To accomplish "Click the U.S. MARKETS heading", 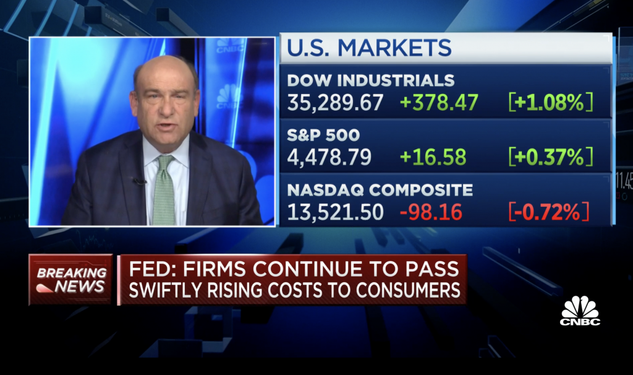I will click(369, 48).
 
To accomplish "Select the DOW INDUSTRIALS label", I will click(371, 80).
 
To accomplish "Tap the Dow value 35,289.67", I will click(335, 102).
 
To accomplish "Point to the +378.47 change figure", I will click(439, 102).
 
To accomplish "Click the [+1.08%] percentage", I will click(550, 102).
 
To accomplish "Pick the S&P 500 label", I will click(323, 135).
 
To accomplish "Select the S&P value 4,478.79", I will click(329, 157).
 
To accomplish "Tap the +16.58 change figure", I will click(433, 157).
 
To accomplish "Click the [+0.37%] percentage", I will click(550, 157).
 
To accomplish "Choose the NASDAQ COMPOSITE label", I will click(380, 189).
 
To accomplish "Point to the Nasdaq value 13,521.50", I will click(335, 212).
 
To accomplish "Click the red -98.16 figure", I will click(431, 212).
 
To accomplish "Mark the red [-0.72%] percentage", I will click(549, 212).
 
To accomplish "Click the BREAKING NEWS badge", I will click(70, 279).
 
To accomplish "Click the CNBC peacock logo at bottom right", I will click(580, 311).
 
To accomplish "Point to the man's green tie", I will click(164, 189).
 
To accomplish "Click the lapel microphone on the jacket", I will click(140, 181).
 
